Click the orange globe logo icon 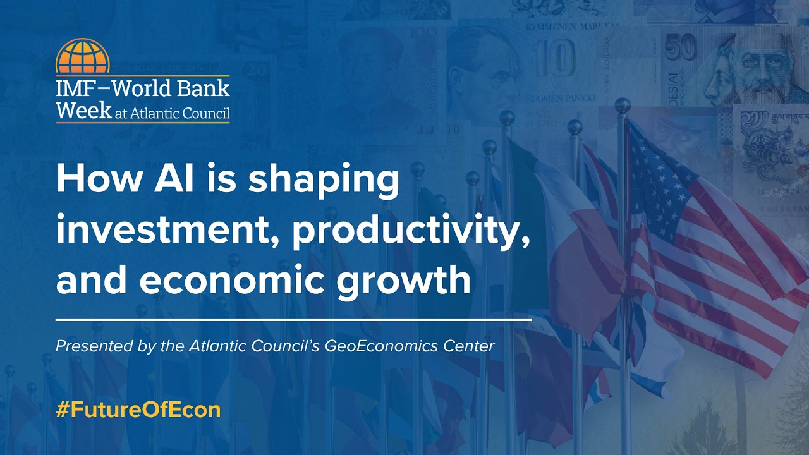click(82, 56)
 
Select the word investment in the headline click(167, 231)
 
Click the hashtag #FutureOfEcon click(138, 409)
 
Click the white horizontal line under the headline click(293, 320)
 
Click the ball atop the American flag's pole click(623, 104)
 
